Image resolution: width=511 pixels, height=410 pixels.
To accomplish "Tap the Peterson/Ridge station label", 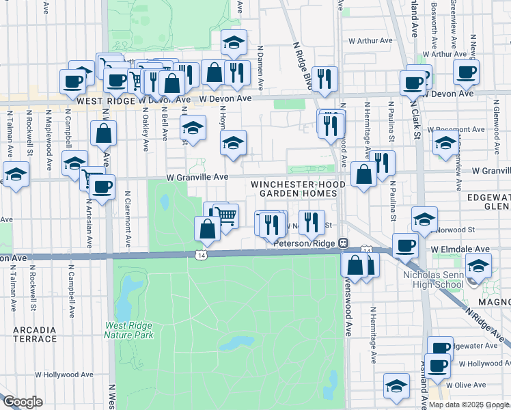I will click(306, 243).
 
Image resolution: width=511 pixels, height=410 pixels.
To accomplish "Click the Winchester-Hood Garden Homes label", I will click(294, 189).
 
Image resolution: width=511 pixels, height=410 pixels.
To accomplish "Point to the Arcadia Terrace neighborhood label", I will click(34, 334).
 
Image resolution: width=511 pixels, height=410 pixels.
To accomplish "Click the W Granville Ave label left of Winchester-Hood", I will click(197, 177).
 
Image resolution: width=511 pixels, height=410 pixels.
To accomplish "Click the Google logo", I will click(23, 402).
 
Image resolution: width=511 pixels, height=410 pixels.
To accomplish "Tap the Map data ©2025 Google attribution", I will click(469, 405).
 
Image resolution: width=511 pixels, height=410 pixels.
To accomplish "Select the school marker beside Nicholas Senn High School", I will click(478, 265).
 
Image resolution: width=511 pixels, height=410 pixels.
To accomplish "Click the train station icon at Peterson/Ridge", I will click(345, 243).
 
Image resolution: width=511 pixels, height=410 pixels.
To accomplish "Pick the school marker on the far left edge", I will click(14, 174).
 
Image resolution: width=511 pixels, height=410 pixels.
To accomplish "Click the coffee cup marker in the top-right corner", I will click(466, 72).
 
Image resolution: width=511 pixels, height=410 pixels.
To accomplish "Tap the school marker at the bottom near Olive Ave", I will click(396, 386).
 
